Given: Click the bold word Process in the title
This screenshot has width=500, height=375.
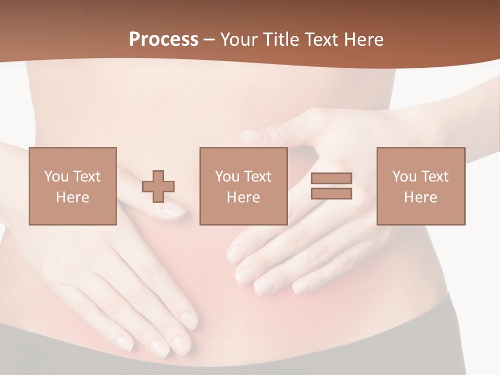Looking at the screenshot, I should (x=164, y=40).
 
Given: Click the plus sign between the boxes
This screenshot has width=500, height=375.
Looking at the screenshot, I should (x=158, y=186).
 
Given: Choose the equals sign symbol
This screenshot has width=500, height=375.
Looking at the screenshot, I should (x=331, y=186).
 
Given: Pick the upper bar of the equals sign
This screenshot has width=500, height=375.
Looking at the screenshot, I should (x=331, y=179).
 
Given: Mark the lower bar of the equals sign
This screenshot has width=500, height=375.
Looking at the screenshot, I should (x=331, y=194).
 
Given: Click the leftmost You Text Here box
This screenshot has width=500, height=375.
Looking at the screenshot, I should (x=73, y=186).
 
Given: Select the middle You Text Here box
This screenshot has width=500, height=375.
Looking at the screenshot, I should (x=244, y=186).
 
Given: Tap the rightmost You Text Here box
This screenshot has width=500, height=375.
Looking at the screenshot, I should (x=421, y=186).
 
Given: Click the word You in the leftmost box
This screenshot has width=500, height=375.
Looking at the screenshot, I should (x=56, y=177).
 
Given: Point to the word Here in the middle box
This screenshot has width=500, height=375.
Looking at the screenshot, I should (x=244, y=197).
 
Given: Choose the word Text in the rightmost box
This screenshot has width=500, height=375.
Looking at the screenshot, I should (x=434, y=177).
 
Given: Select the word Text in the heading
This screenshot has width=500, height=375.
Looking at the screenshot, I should (x=319, y=40).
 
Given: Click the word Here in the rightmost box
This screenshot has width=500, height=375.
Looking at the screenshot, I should (x=421, y=197).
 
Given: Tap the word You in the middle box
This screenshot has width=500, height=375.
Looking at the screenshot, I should (x=227, y=177).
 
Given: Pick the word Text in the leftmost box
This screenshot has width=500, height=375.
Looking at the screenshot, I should (x=86, y=177).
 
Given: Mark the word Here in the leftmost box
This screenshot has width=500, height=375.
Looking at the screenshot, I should (x=73, y=197).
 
